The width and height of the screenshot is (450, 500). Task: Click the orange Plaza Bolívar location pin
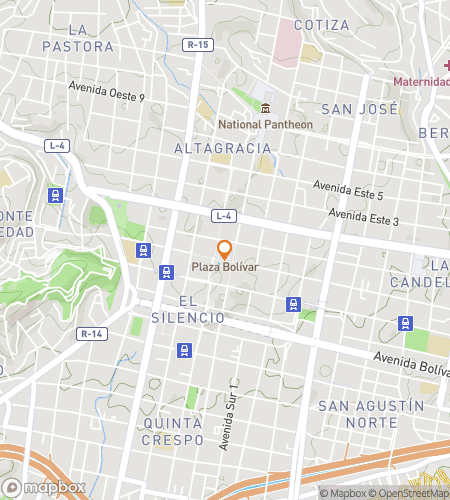[225, 250]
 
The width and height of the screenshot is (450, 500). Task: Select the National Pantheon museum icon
[266, 109]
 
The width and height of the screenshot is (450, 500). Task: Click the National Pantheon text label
[266, 124]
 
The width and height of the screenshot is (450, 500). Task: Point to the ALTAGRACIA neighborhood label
[222, 148]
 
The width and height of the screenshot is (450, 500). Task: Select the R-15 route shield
[198, 45]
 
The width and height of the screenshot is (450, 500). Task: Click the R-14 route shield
[92, 333]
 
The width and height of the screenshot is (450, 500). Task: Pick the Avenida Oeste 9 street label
[107, 92]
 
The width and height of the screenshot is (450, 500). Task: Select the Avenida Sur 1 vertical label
[233, 413]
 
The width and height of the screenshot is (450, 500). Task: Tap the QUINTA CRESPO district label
[173, 431]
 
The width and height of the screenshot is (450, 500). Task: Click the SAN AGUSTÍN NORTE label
[371, 413]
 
